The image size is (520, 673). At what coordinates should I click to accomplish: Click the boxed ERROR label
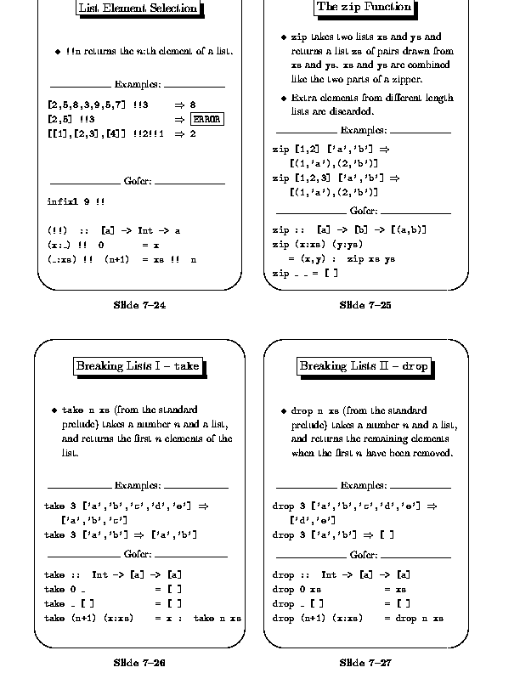tap(207, 120)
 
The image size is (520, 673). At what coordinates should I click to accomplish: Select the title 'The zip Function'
tap(364, 8)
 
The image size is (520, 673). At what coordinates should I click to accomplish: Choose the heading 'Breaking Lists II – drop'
tap(364, 366)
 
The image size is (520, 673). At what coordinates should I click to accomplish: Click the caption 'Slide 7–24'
tap(139, 305)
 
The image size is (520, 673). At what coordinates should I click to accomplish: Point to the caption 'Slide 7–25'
tap(365, 305)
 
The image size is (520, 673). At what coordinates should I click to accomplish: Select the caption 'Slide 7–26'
tap(139, 662)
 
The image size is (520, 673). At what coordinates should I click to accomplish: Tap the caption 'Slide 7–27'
tap(365, 662)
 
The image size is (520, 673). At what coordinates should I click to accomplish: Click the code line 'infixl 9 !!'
tap(76, 202)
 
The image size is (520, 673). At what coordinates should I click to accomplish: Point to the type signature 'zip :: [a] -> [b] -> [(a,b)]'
tap(349, 230)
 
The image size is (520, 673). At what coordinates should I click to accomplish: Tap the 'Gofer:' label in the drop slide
tap(364, 556)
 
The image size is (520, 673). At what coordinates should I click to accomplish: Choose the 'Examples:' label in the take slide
tap(138, 486)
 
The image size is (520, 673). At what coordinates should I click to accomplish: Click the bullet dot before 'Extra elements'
tap(284, 99)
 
